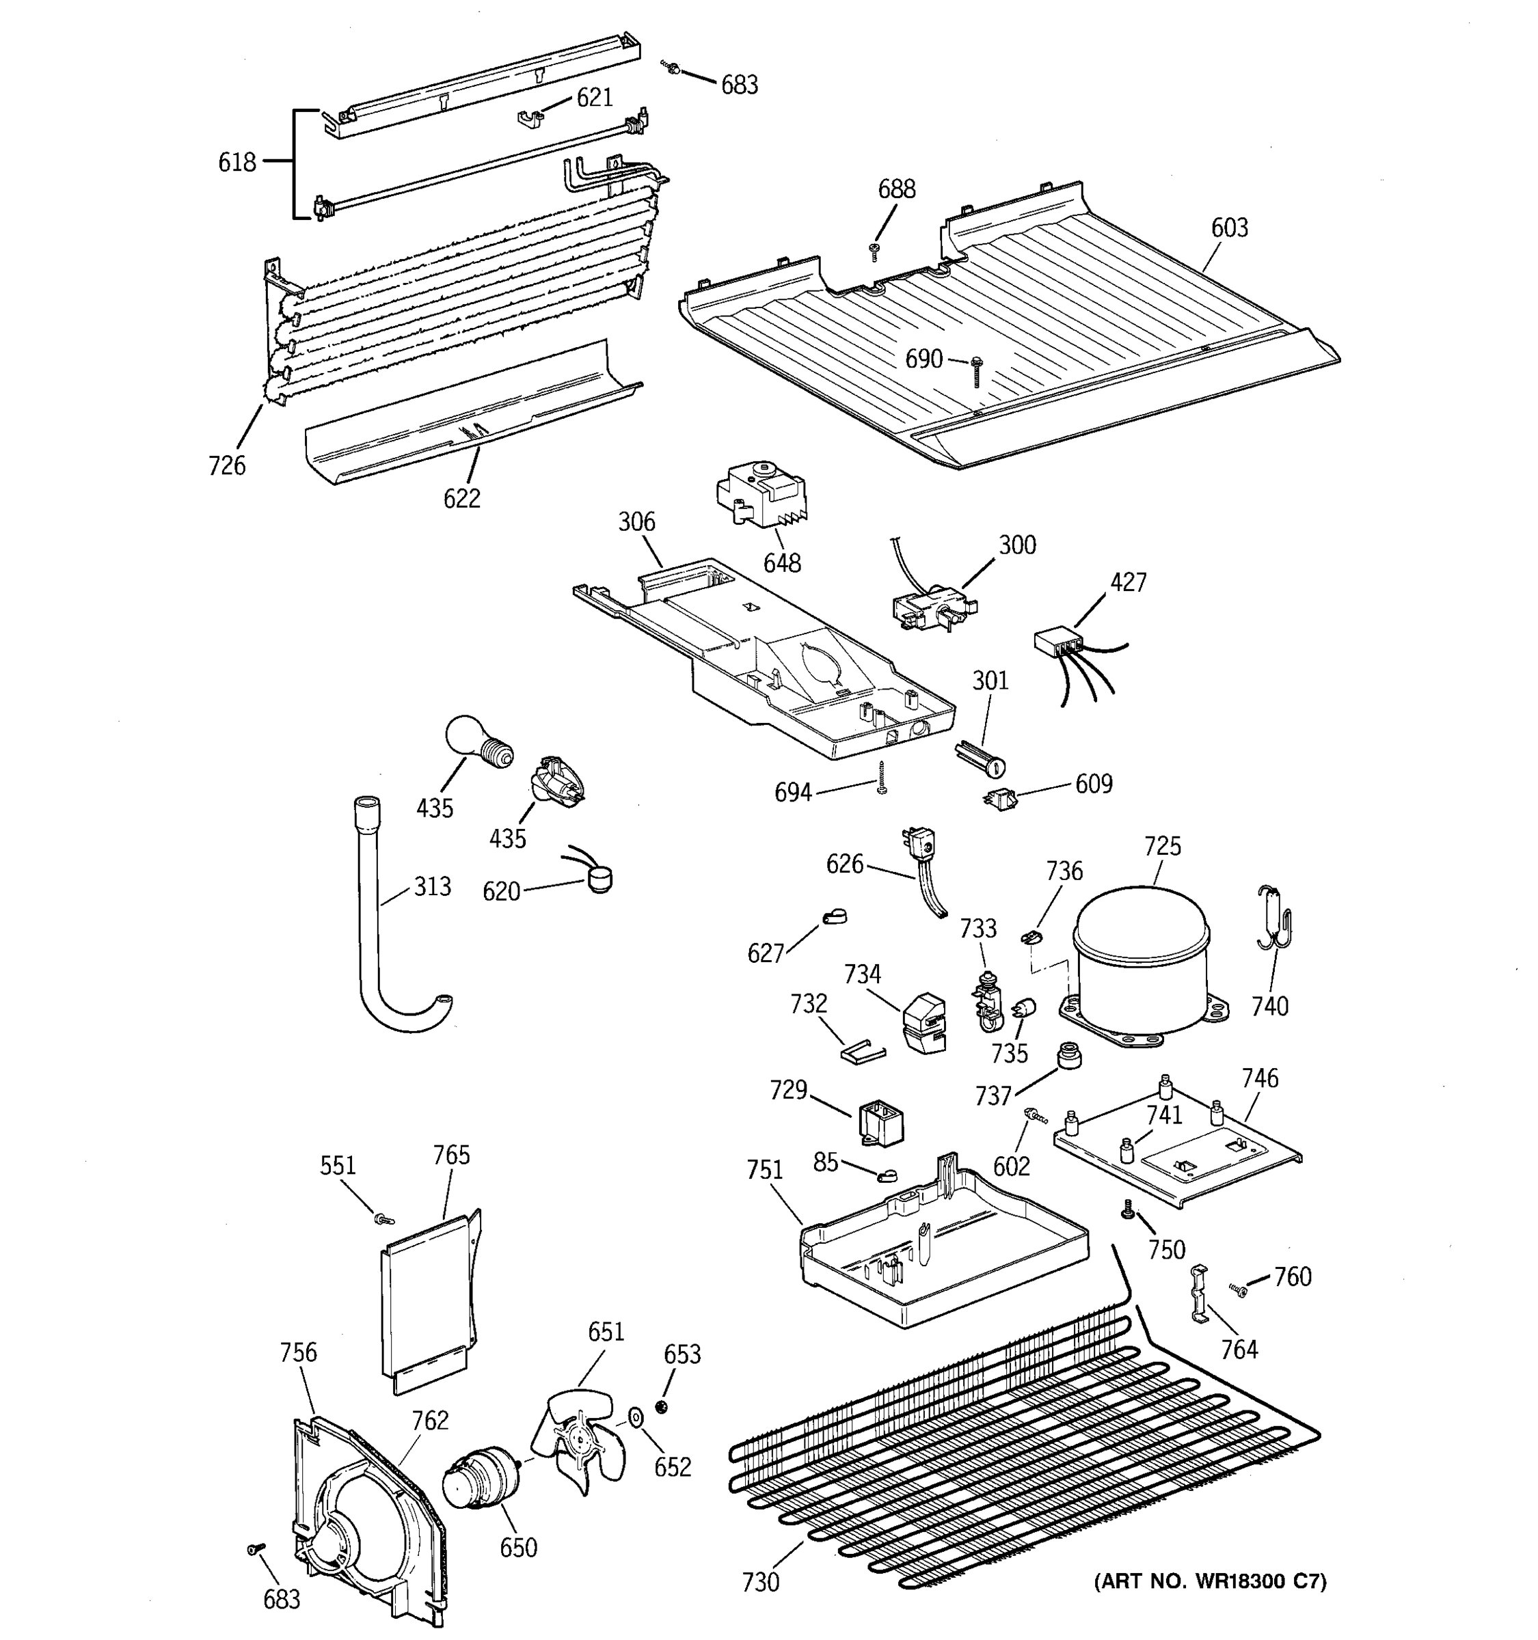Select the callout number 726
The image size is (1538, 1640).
pos(227,466)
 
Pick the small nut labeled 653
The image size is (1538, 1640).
pos(661,1406)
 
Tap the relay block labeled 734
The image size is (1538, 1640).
pos(924,1023)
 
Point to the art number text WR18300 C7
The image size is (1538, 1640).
pos(1210,1581)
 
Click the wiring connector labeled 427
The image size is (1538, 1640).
pos(1057,642)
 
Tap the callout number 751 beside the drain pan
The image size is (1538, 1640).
pos(764,1170)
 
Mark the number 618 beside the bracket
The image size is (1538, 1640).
pos(237,163)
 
